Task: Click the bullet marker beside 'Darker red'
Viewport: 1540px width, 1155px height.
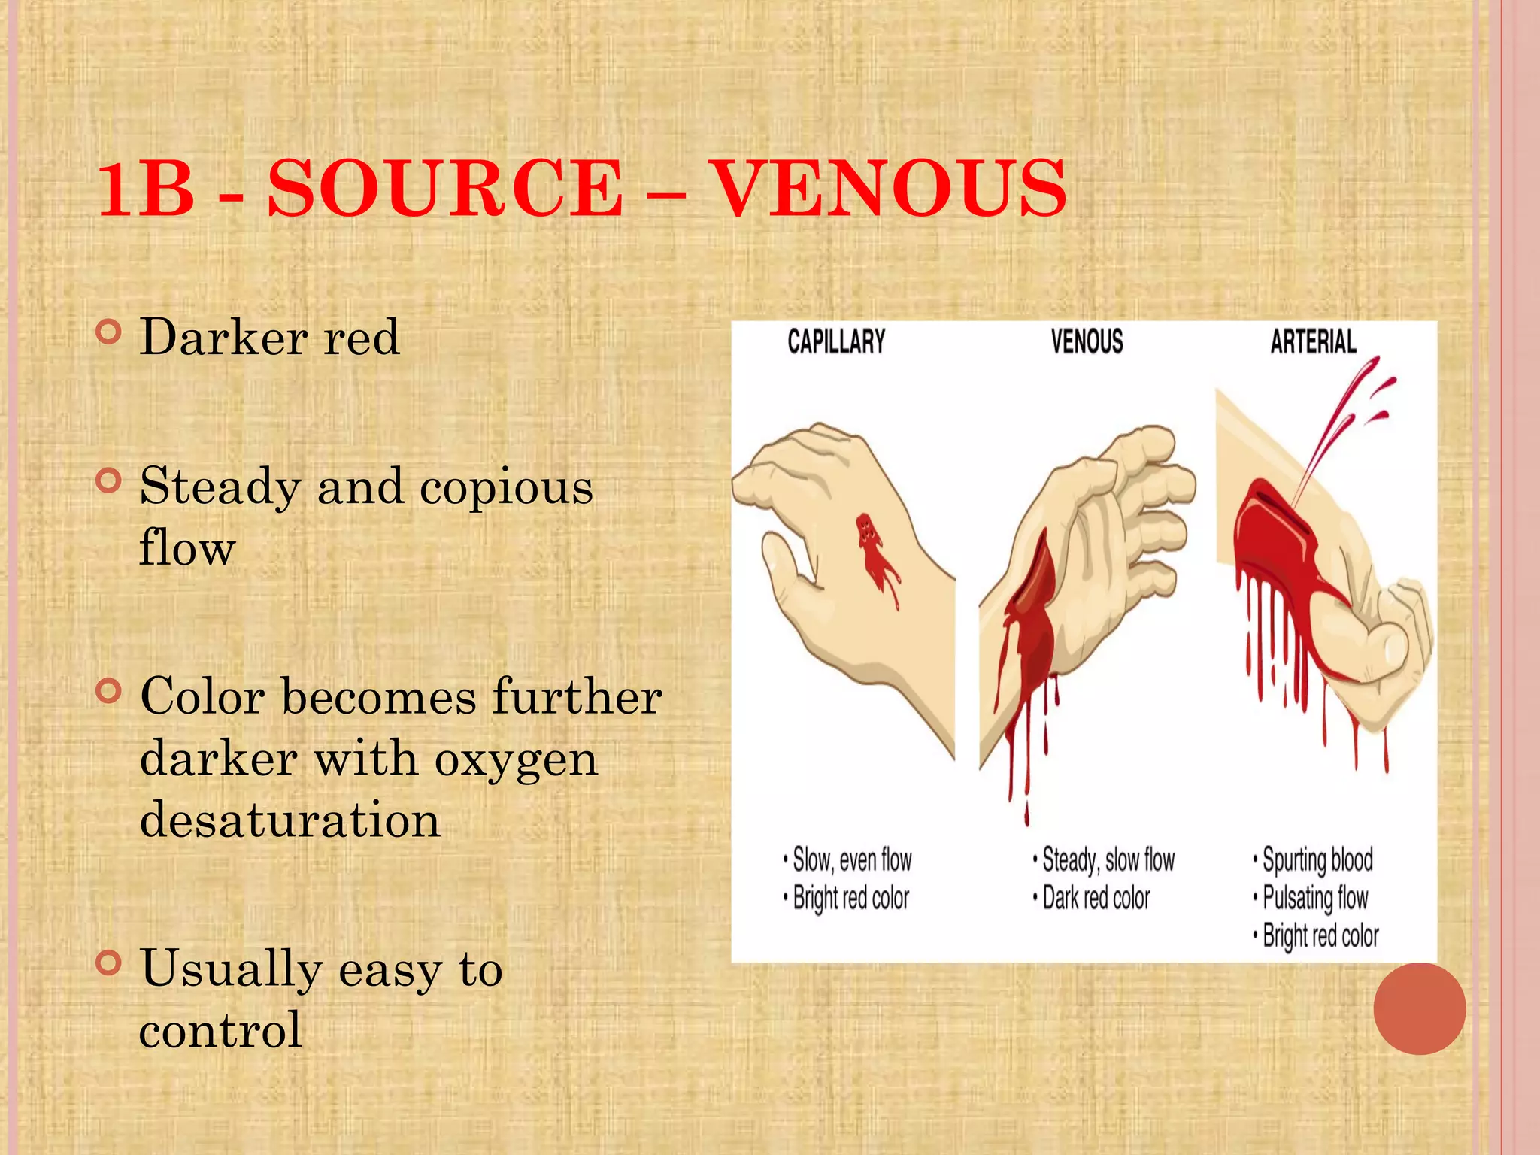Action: click(x=109, y=332)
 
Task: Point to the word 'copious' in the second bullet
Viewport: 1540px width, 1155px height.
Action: click(x=506, y=487)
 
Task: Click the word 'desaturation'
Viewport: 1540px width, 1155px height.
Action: click(x=290, y=819)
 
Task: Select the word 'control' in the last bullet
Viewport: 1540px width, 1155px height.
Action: click(x=220, y=1029)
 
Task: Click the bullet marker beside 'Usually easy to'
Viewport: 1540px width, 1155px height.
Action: click(x=109, y=962)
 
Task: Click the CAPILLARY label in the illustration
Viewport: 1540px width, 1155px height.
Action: click(x=836, y=342)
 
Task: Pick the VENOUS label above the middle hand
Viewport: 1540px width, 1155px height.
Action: click(x=1087, y=342)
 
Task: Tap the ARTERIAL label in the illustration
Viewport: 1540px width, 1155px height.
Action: click(x=1313, y=342)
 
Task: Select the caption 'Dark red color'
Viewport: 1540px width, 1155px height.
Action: click(x=1096, y=898)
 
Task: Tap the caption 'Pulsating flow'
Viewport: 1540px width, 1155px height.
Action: click(x=1314, y=898)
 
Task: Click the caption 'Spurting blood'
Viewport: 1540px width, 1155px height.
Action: click(x=1317, y=859)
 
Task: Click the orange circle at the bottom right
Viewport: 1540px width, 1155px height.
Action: click(x=1419, y=1008)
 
